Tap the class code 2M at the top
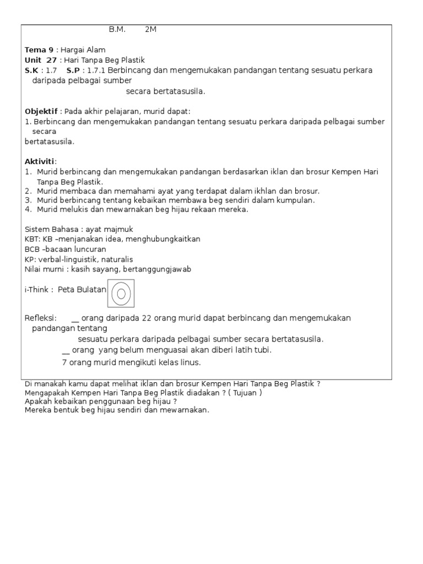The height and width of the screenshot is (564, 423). pyautogui.click(x=151, y=30)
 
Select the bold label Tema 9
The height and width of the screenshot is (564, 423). pyautogui.click(x=39, y=50)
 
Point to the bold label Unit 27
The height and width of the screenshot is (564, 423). pyautogui.click(x=40, y=60)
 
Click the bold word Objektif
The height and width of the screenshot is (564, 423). pyautogui.click(x=41, y=111)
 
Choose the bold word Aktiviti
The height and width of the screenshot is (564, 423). pyautogui.click(x=40, y=161)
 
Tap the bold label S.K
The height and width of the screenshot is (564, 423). pyautogui.click(x=32, y=70)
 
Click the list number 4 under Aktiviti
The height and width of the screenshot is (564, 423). pyautogui.click(x=28, y=210)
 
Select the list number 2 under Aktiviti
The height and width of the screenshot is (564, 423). pyautogui.click(x=28, y=191)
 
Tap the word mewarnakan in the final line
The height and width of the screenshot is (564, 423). pyautogui.click(x=183, y=410)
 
